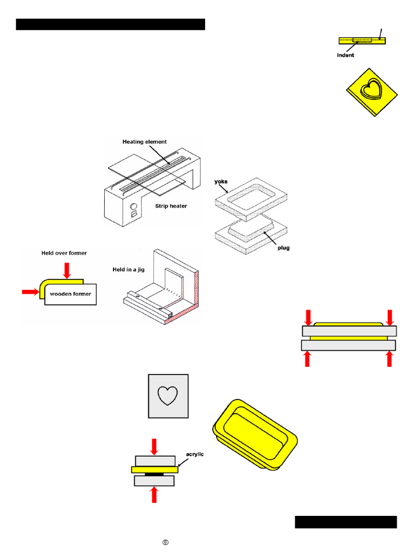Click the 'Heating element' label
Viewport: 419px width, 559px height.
144,141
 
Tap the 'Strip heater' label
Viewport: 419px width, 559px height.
171,206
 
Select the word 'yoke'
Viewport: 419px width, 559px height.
221,181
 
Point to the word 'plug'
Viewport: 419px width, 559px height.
284,248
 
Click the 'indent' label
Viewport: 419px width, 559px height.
345,55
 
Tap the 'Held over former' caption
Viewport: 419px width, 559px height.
64,253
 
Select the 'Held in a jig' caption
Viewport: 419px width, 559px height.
129,270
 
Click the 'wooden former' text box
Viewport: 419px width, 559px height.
70,294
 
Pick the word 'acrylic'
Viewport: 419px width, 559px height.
195,454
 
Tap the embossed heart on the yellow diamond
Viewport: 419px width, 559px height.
371,89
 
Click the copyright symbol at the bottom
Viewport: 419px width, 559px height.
165,542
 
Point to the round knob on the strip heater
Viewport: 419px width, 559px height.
134,206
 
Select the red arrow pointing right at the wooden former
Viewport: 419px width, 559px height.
31,292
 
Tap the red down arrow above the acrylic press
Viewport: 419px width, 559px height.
154,447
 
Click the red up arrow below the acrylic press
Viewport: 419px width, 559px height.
154,495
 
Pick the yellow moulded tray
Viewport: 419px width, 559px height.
255,435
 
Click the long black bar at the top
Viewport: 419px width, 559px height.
110,24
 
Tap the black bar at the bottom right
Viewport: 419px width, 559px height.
346,522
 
